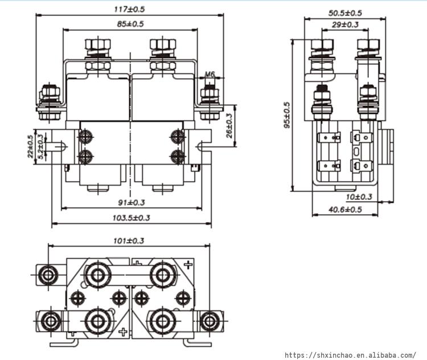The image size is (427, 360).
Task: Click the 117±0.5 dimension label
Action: click(x=130, y=10)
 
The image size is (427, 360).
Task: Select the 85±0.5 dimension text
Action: click(x=130, y=24)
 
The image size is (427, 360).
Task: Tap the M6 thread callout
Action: click(x=210, y=75)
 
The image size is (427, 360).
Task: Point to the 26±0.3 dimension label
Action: click(x=229, y=125)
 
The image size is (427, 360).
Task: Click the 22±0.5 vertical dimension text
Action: click(x=30, y=146)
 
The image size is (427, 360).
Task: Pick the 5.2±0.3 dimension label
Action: click(x=39, y=148)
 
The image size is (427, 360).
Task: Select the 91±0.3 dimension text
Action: click(x=132, y=202)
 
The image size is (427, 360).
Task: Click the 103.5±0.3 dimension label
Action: click(x=132, y=218)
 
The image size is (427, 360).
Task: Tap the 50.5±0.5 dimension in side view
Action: click(x=345, y=13)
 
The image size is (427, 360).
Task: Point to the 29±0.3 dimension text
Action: click(x=345, y=24)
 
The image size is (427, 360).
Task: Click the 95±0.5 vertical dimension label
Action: click(x=286, y=116)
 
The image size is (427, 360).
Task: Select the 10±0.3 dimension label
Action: click(x=359, y=197)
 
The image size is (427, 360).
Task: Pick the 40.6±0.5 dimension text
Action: click(x=345, y=209)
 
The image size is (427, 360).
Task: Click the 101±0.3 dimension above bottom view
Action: click(x=129, y=240)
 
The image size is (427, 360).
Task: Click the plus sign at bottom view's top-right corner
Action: click(x=188, y=264)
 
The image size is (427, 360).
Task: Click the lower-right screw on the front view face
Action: click(x=177, y=157)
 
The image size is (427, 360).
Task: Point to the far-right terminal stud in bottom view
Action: click(x=210, y=321)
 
